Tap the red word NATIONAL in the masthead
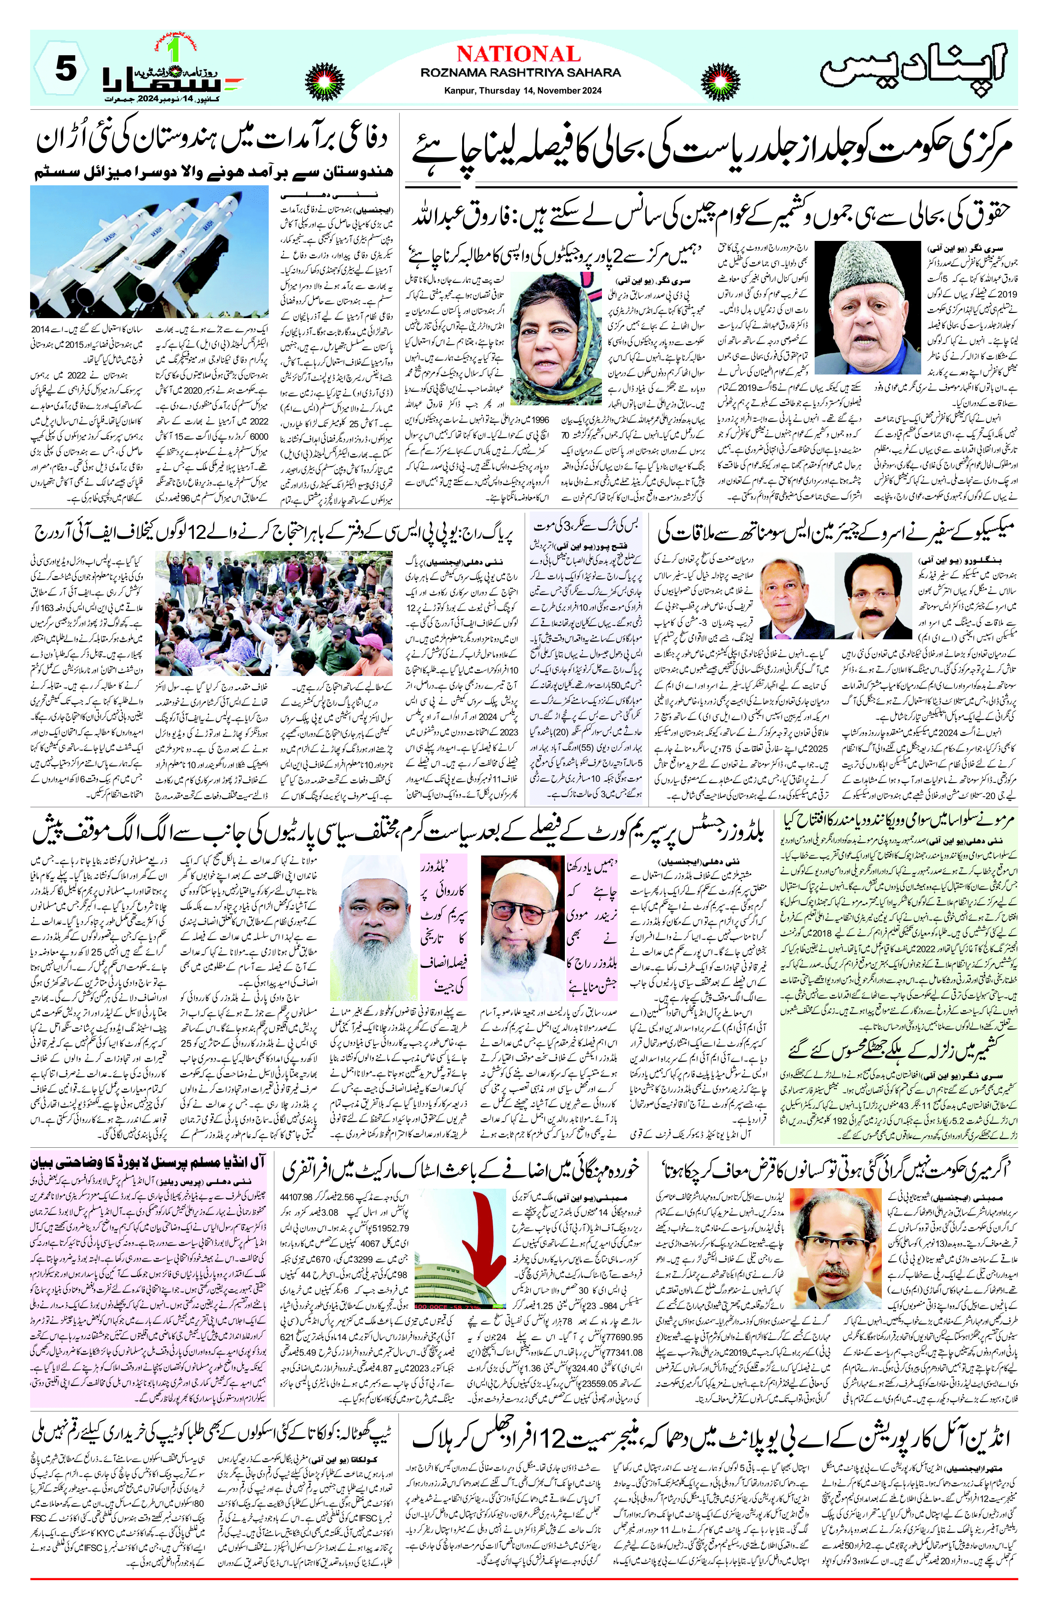pyautogui.click(x=519, y=54)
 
